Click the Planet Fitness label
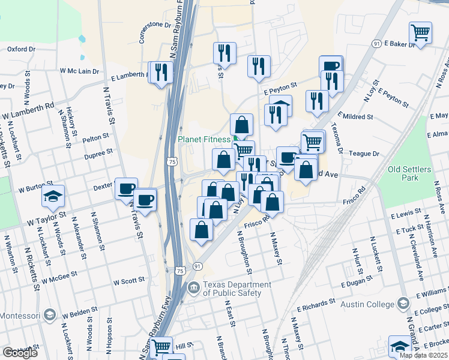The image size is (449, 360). (x=204, y=140)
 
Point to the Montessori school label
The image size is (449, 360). (x=19, y=316)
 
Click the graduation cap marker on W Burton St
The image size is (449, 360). (x=53, y=196)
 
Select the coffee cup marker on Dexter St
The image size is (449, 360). (x=126, y=188)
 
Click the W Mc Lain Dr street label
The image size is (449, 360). (x=79, y=71)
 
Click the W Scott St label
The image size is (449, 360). (x=129, y=280)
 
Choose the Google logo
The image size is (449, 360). (x=20, y=353)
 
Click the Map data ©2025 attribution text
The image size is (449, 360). (x=423, y=355)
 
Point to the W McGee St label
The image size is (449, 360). (x=60, y=276)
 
